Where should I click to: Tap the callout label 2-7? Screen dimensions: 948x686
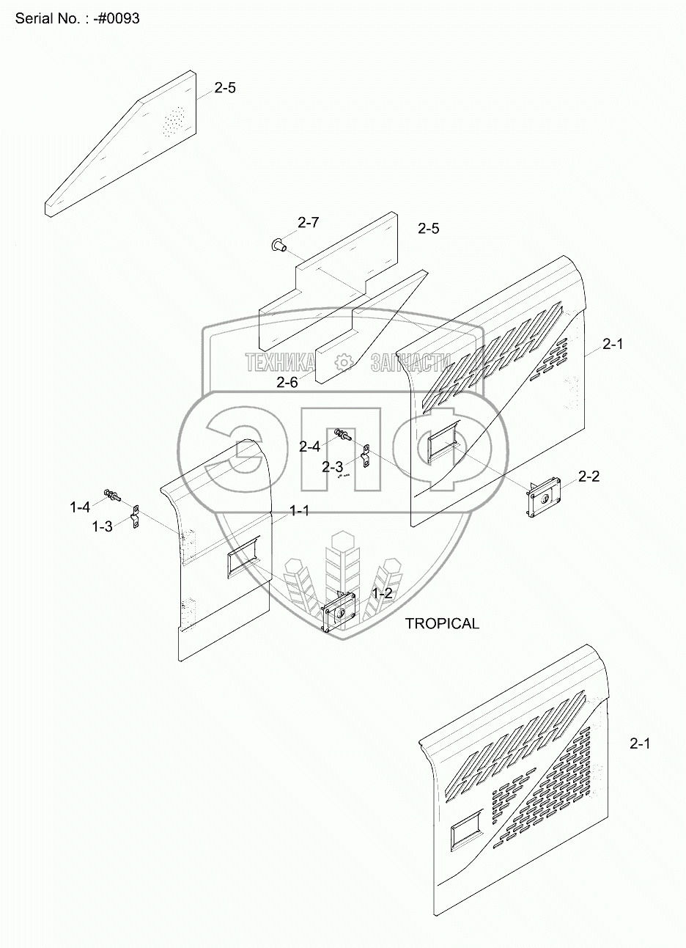(309, 221)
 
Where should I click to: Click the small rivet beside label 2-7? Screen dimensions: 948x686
(279, 245)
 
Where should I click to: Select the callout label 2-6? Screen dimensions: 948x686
(287, 381)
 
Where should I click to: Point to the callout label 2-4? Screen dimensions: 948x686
(309, 446)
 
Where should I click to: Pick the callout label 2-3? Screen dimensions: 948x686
(332, 467)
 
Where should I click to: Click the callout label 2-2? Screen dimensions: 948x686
(589, 477)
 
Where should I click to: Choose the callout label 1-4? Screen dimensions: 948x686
(80, 506)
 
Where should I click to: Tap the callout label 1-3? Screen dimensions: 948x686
(102, 526)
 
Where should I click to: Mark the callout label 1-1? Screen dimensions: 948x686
(298, 511)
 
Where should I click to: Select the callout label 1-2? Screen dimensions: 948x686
(383, 593)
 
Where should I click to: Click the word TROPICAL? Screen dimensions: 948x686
(442, 624)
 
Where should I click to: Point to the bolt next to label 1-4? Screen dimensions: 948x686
(112, 495)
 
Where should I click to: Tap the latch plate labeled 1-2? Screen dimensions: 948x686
(339, 610)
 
